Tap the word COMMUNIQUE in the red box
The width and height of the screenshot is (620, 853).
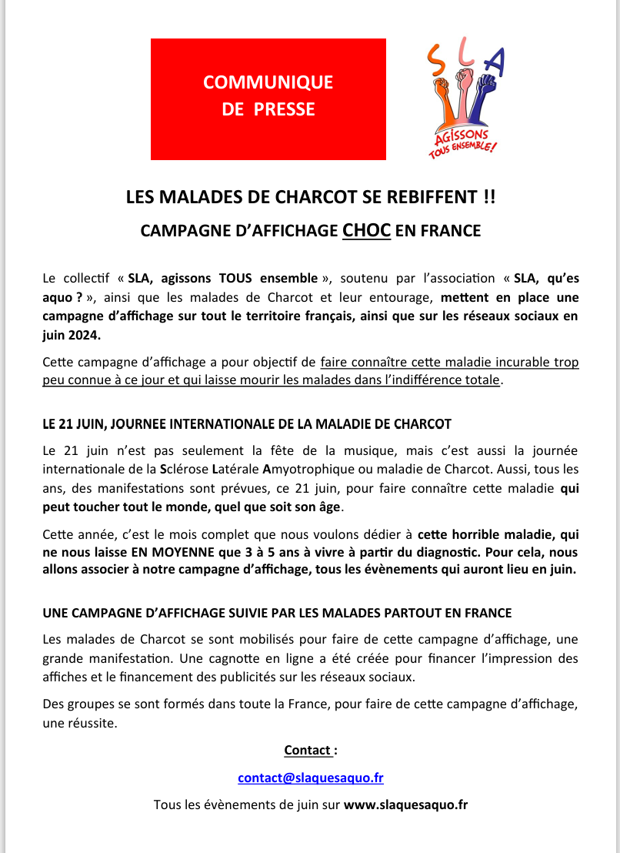[x=268, y=82]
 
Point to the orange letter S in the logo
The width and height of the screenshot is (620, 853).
[x=435, y=59]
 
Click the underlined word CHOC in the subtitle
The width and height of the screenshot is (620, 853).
[x=367, y=230]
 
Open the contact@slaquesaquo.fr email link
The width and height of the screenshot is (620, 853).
[x=310, y=778]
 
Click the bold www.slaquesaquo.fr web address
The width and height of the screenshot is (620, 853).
[x=405, y=804]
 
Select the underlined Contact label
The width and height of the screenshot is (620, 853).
[x=308, y=750]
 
